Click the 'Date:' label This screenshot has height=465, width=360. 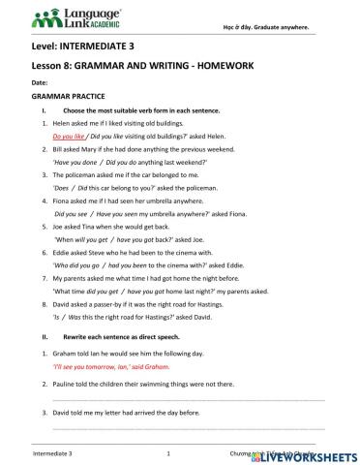(42, 83)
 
